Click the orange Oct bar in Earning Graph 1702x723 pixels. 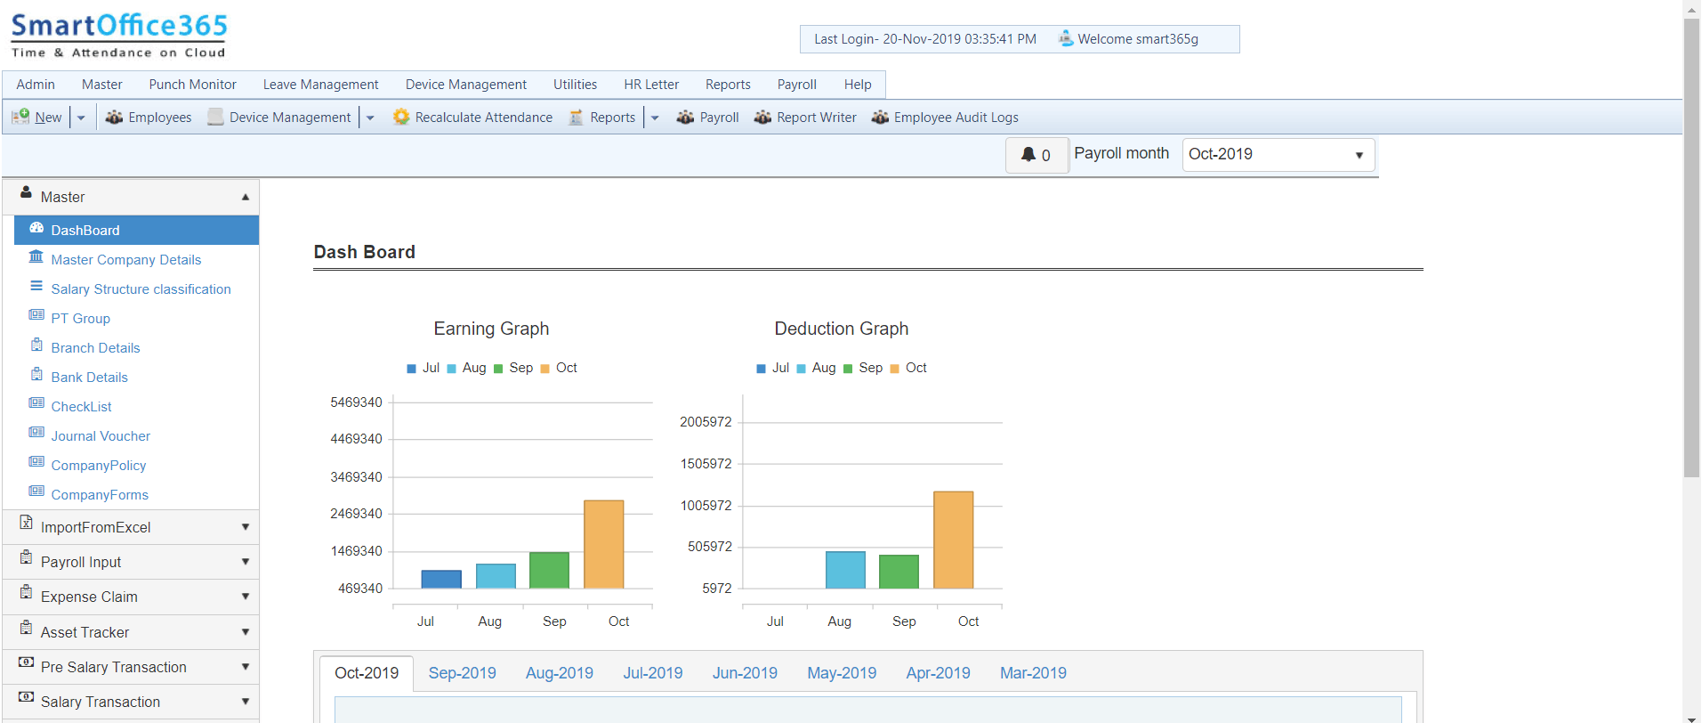tap(603, 544)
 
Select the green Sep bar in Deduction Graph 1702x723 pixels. tap(899, 572)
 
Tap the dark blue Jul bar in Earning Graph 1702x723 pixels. tap(441, 580)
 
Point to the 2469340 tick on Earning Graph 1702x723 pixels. tap(356, 514)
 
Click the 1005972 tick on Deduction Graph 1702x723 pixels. tap(706, 506)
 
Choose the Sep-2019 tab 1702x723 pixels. tap(462, 673)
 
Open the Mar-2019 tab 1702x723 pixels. tap(1032, 673)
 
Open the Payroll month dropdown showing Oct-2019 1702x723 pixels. tap(1278, 155)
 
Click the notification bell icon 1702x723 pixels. tap(1028, 155)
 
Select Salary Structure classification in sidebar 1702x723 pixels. tap(141, 289)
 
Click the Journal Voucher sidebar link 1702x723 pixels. tap(101, 436)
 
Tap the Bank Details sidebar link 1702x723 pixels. tap(89, 378)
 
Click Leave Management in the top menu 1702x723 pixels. tap(320, 85)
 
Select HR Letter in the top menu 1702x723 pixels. tap(650, 85)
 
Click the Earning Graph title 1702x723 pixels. tap(491, 329)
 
